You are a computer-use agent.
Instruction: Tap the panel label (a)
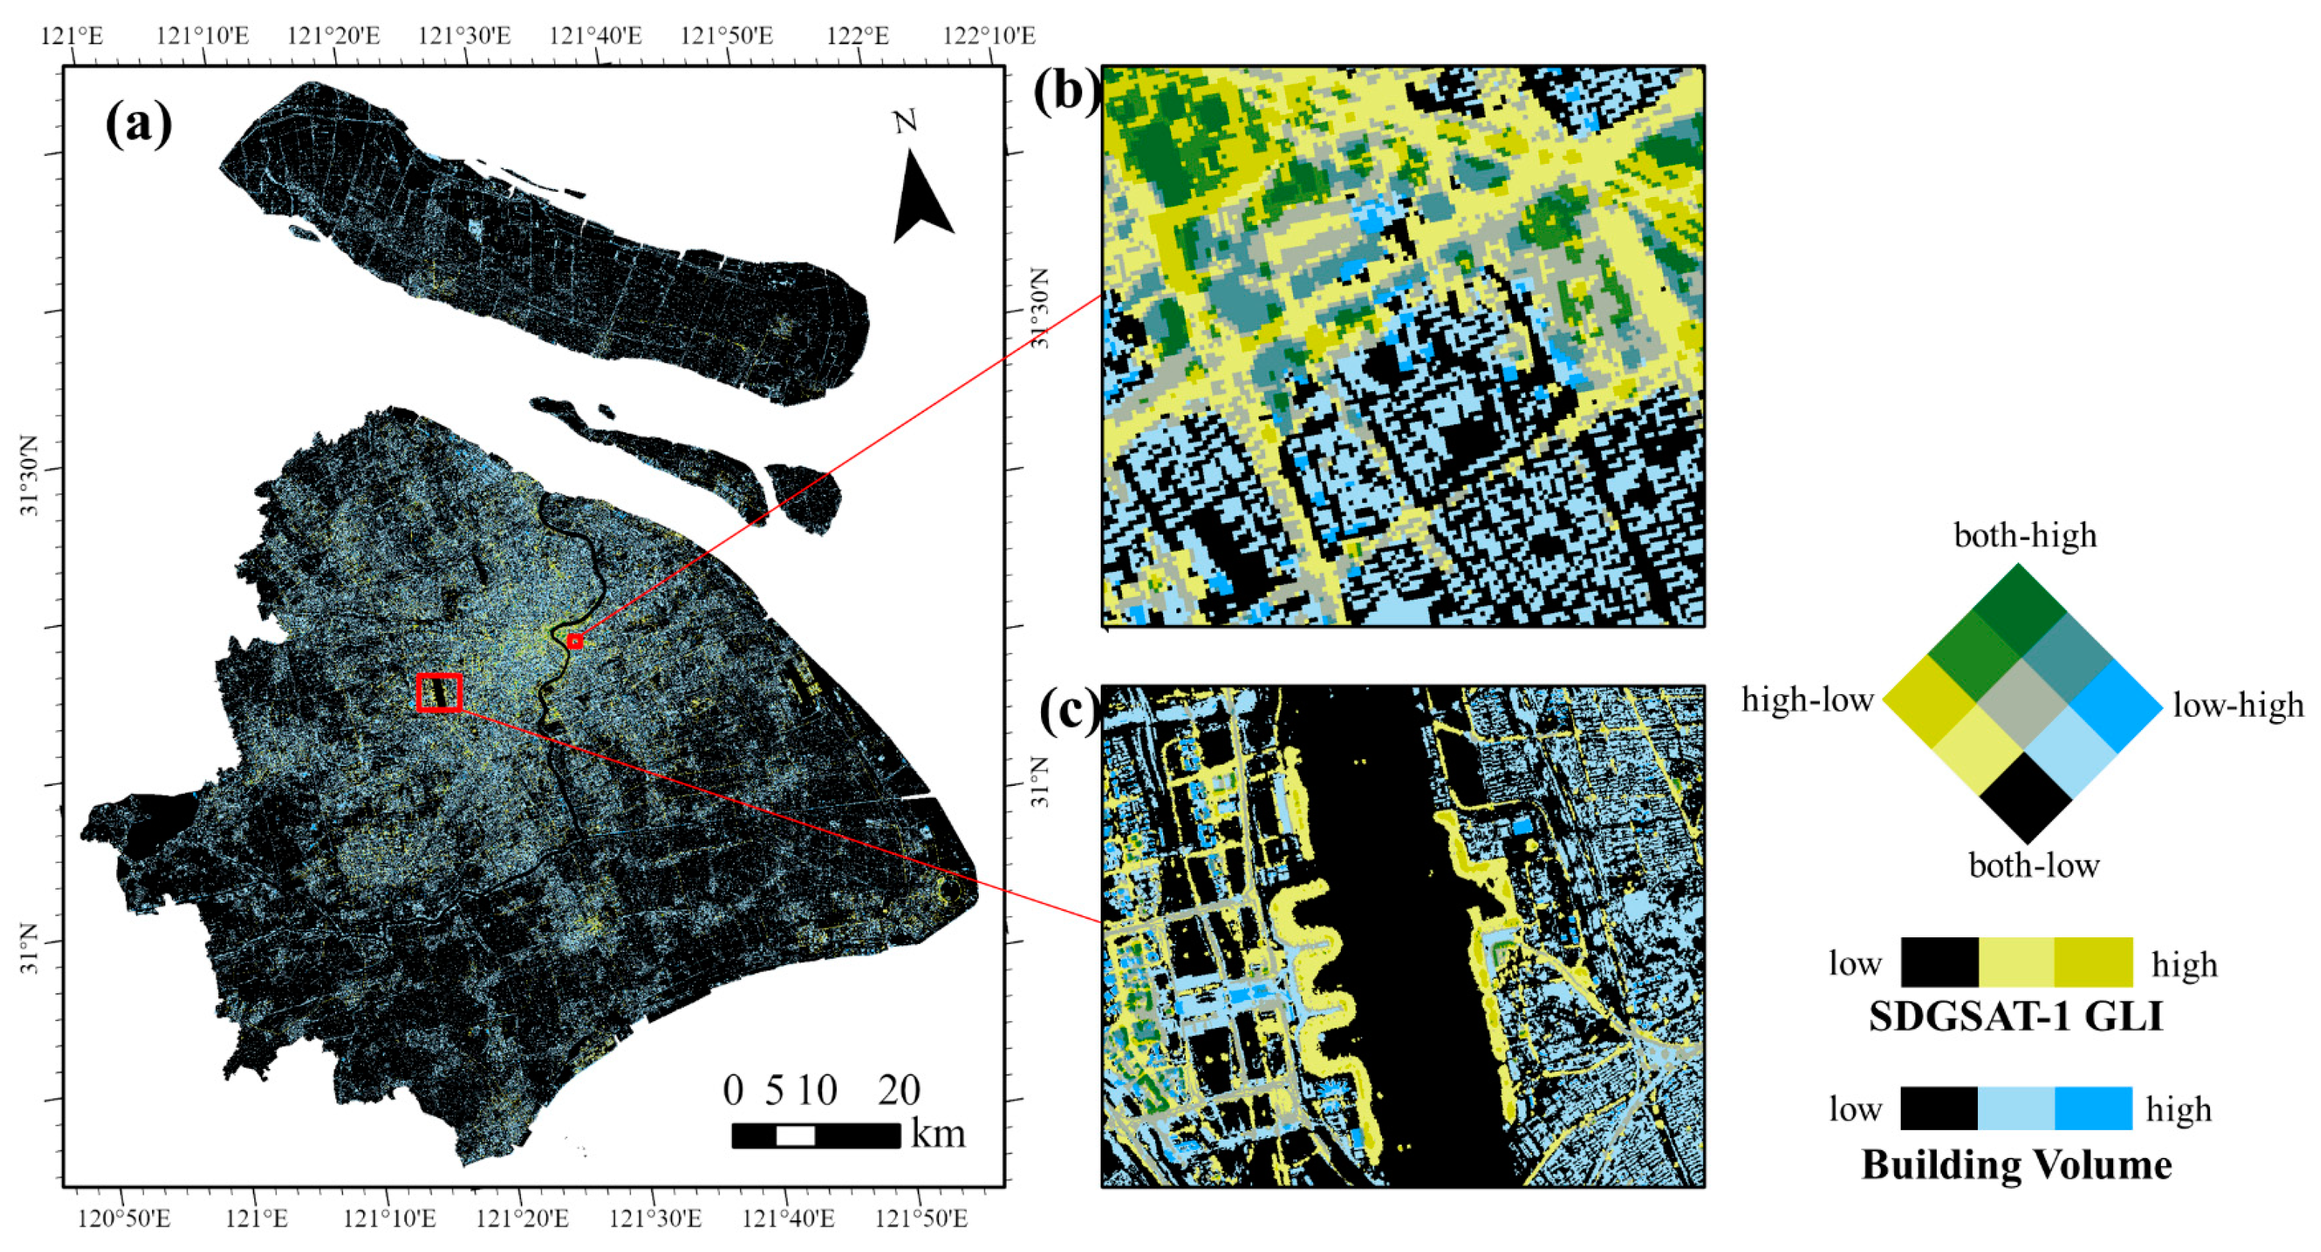pos(138,124)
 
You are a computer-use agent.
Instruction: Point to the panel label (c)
pos(1068,711)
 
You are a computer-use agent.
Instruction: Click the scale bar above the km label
pos(816,1135)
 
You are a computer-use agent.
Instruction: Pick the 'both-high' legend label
pos(2025,535)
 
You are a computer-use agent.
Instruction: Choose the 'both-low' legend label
pos(2034,865)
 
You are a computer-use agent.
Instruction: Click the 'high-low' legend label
pos(1807,699)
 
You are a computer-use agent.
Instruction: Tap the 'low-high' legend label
pos(2238,705)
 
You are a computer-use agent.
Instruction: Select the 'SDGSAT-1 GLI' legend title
pos(2015,1017)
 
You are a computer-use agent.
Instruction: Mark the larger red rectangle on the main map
pos(439,693)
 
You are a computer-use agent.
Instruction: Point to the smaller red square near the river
pos(575,642)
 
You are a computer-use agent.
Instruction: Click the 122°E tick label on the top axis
pos(857,36)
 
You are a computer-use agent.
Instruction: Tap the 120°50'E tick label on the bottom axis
pos(123,1220)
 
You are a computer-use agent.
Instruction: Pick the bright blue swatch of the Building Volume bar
pos(2093,1108)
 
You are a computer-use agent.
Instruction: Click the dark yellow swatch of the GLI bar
pos(2093,962)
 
